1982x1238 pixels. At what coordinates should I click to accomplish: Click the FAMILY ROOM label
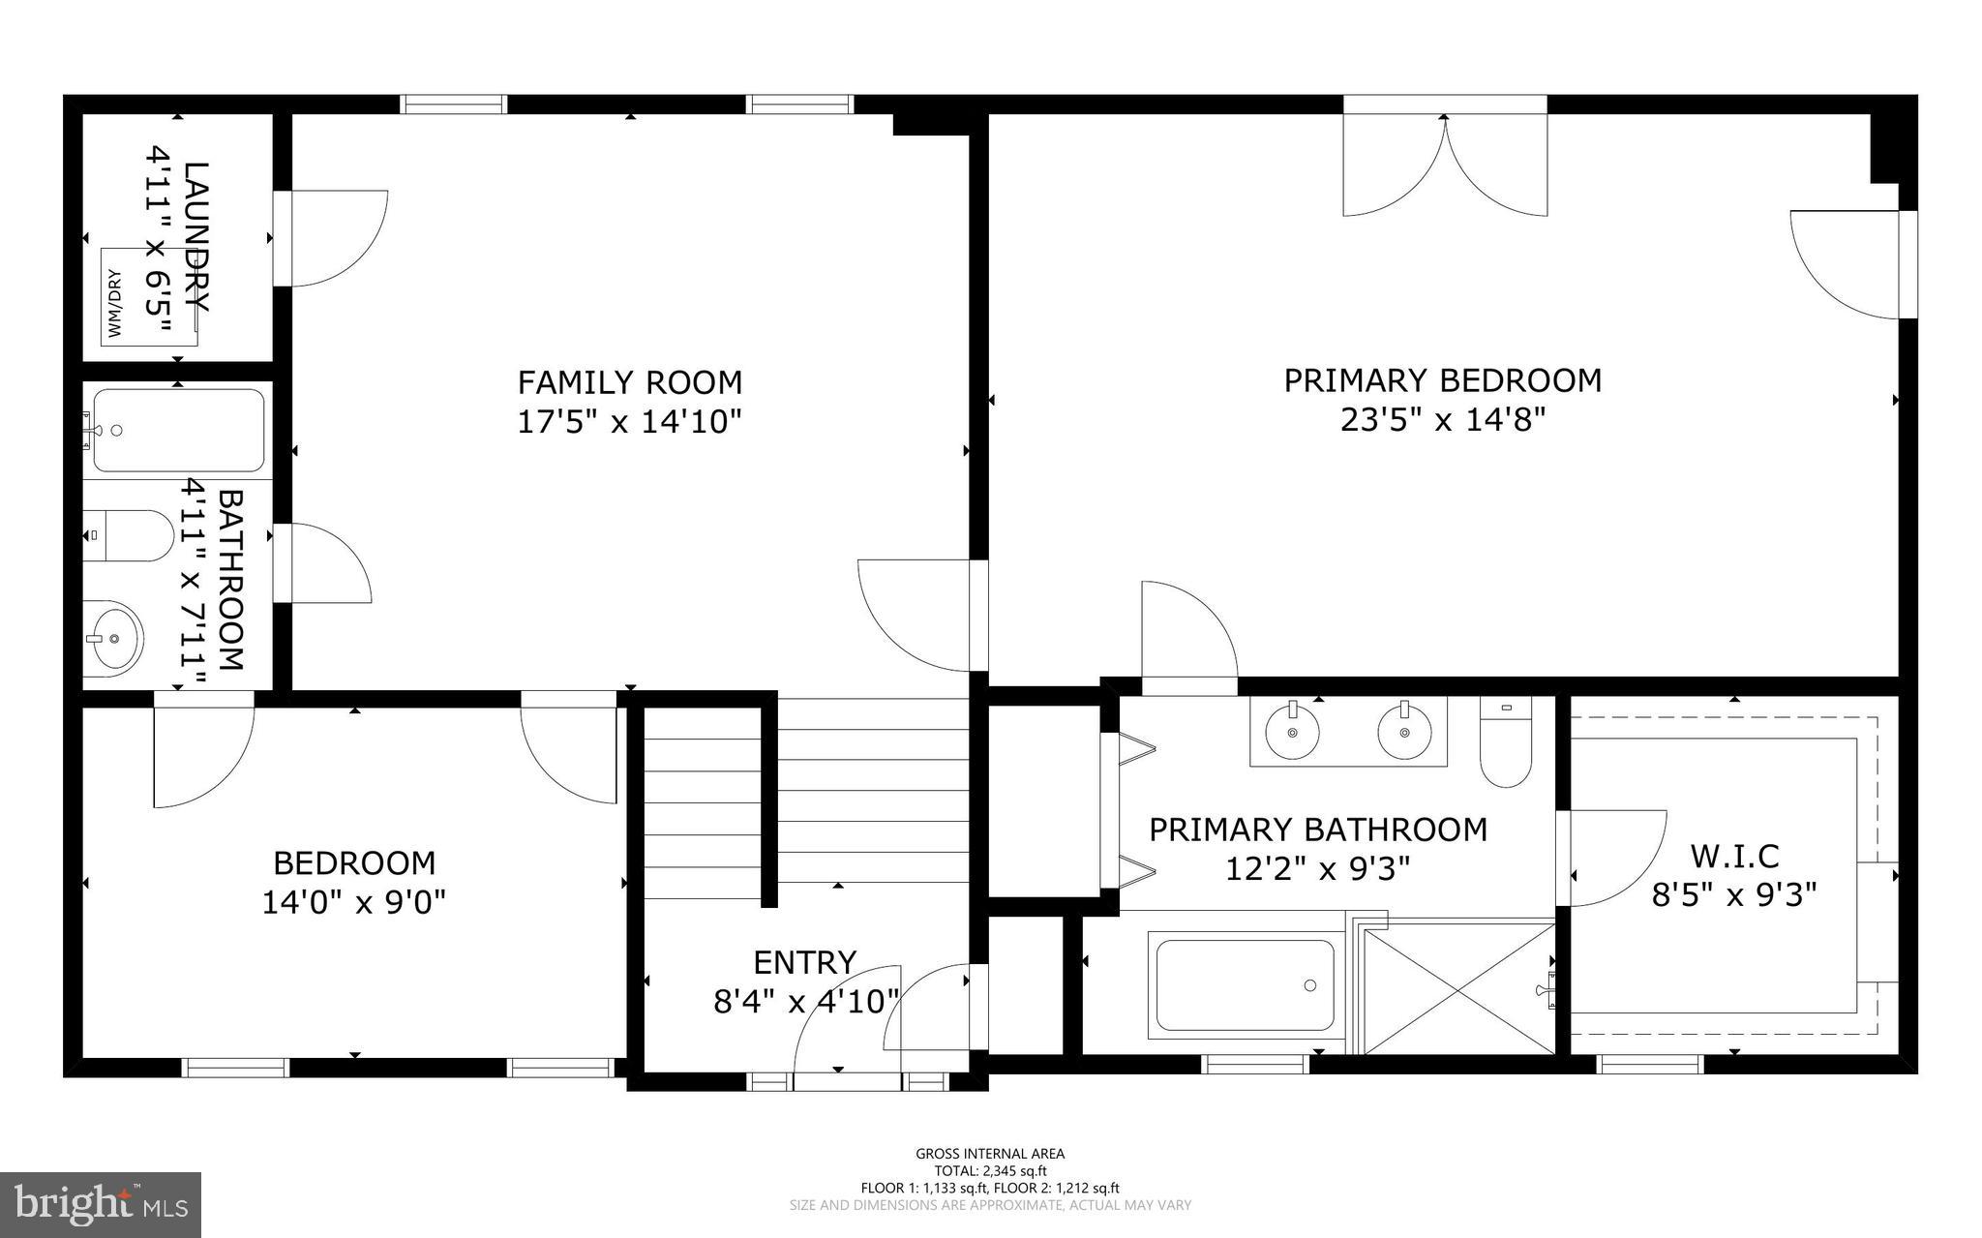click(629, 382)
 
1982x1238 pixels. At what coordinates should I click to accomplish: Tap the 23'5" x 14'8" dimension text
click(1442, 420)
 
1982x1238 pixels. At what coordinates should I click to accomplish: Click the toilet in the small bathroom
click(127, 535)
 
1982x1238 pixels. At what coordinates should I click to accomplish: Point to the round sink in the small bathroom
click(112, 638)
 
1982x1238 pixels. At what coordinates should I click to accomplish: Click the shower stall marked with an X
click(1460, 987)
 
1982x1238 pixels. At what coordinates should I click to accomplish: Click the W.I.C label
click(1734, 856)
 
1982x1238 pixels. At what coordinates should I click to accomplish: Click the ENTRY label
click(804, 962)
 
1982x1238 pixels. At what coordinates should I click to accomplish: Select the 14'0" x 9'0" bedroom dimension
click(353, 902)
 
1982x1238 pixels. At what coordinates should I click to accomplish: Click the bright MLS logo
click(101, 1204)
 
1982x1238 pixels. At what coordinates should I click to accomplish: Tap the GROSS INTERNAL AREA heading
click(990, 1153)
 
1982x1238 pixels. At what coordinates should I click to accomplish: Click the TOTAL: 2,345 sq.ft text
click(990, 1170)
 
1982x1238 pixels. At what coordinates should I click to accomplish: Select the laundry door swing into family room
click(334, 238)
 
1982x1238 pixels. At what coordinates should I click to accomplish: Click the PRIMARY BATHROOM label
click(1317, 830)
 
